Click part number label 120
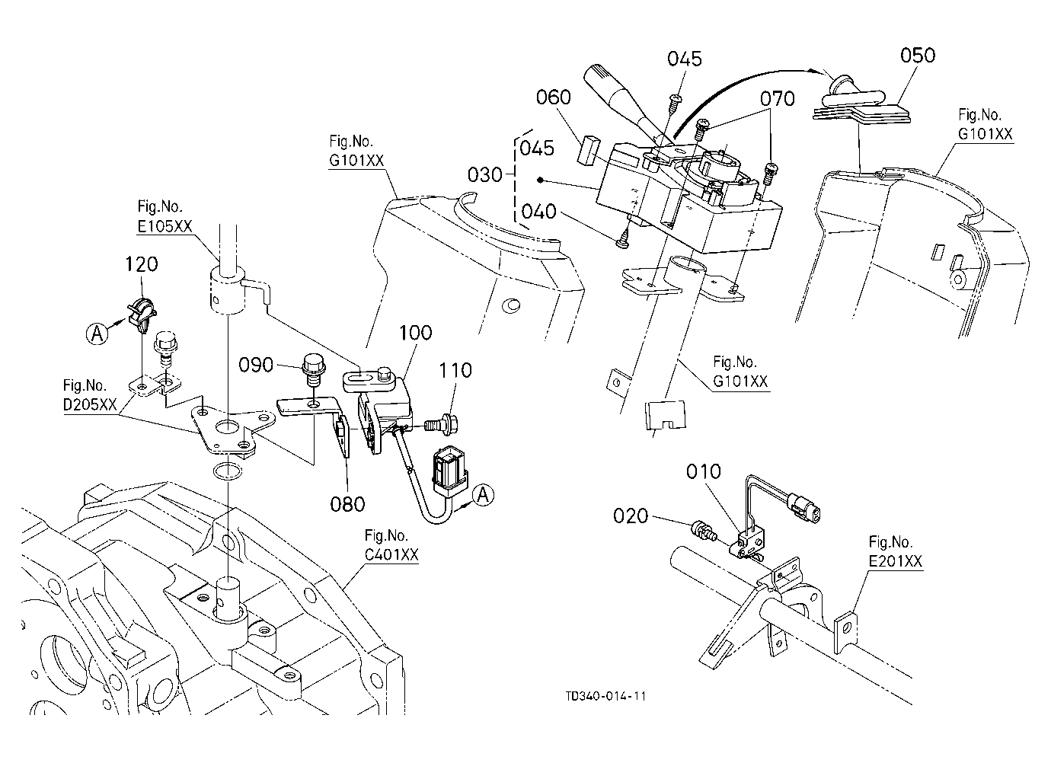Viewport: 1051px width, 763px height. (x=141, y=264)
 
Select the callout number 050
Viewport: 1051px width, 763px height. (x=917, y=56)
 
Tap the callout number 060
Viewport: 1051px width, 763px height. (x=553, y=97)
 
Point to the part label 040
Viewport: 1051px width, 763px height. (x=538, y=212)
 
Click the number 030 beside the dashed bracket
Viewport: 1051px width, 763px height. (x=484, y=175)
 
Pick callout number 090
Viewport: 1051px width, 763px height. (x=256, y=365)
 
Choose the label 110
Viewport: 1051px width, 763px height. (x=455, y=371)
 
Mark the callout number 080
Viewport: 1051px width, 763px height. (x=347, y=504)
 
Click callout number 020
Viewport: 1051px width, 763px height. (x=631, y=516)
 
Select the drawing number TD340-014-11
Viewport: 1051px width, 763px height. (x=605, y=696)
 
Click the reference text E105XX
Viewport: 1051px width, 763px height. (x=165, y=227)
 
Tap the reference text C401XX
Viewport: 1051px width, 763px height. (x=391, y=554)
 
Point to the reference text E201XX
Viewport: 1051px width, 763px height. (x=895, y=561)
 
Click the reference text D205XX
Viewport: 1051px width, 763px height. (x=90, y=404)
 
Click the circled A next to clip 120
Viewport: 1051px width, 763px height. (x=97, y=334)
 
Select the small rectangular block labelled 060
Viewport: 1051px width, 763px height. (x=589, y=150)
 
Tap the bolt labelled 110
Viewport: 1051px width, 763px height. (x=440, y=425)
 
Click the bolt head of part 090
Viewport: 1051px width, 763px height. (x=314, y=362)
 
